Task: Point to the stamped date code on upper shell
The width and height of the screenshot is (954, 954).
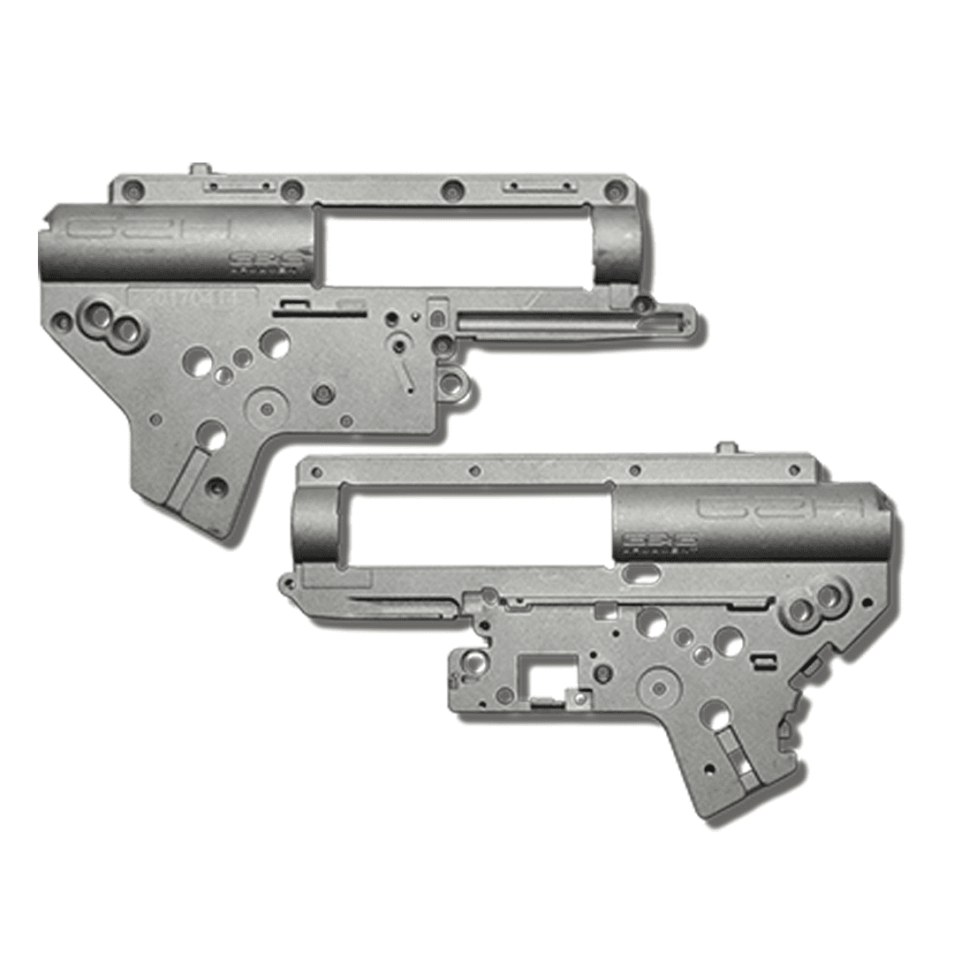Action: tap(193, 298)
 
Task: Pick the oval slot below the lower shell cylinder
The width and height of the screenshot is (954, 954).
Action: tap(644, 572)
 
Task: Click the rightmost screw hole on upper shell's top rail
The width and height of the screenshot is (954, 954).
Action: tap(611, 188)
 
